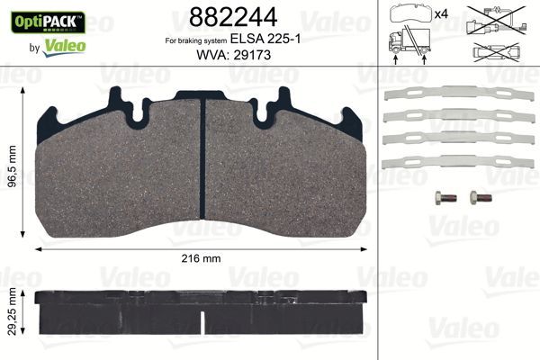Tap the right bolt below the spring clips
pyautogui.click(x=477, y=198)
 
